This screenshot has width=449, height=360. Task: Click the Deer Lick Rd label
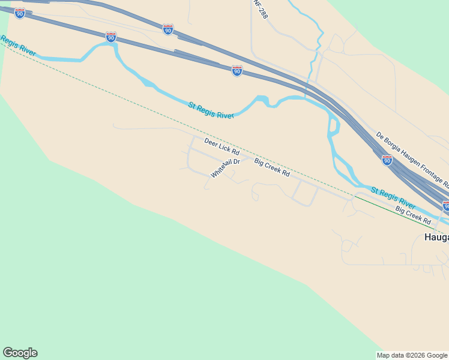(221, 147)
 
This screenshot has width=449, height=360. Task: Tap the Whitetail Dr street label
(225, 168)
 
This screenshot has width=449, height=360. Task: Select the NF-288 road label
(260, 9)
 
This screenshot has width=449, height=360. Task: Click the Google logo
(20, 353)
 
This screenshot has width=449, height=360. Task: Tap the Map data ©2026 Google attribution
(412, 355)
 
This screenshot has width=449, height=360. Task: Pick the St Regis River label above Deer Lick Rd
(211, 110)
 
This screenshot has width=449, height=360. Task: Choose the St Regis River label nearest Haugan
(393, 198)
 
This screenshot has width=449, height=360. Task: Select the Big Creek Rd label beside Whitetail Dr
(272, 167)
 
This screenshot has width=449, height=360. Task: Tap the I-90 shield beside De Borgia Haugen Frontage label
(387, 160)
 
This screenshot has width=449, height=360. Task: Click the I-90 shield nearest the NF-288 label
(237, 71)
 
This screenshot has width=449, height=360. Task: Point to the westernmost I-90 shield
(20, 13)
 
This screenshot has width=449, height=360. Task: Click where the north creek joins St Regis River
(307, 97)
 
